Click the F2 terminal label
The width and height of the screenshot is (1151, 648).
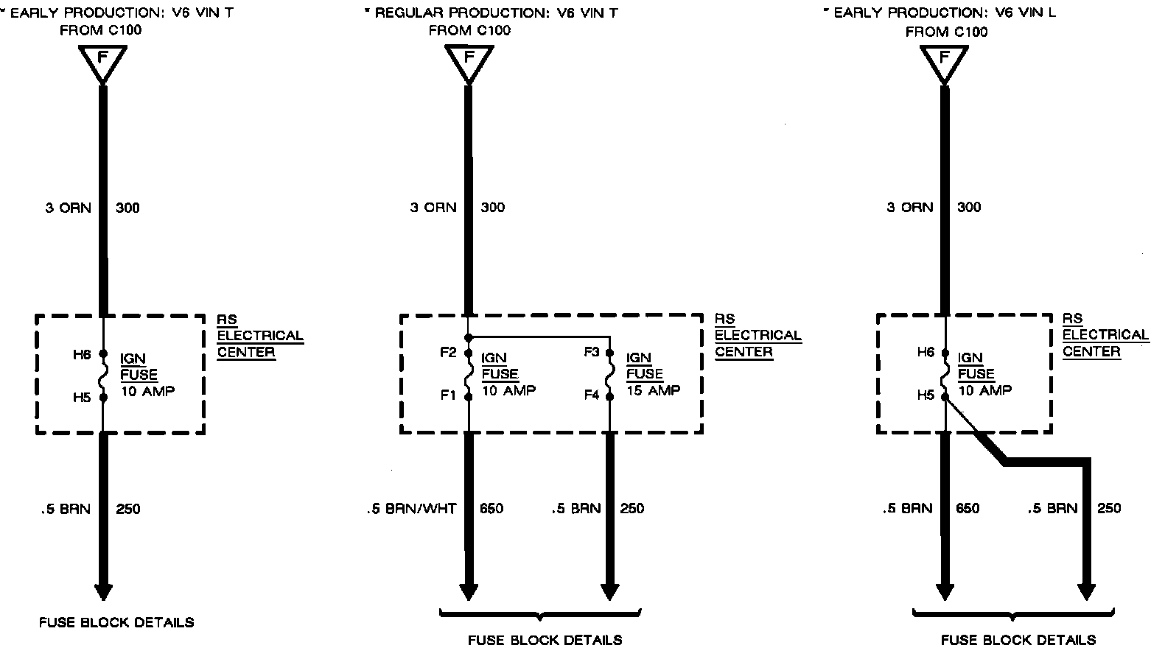coord(448,352)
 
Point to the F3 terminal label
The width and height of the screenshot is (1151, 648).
coord(592,352)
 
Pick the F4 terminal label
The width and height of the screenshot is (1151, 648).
coord(592,395)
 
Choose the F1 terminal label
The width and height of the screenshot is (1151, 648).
coord(448,395)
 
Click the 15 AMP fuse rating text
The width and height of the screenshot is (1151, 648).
coord(653,390)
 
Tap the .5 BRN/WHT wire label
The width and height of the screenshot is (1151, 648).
coord(411,508)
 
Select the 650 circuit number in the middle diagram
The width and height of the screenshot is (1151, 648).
coord(491,508)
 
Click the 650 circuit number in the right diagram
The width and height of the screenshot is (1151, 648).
coord(968,508)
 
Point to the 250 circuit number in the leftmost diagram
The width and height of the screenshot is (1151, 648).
coord(127,509)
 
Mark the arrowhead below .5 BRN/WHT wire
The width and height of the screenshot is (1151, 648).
coord(469,591)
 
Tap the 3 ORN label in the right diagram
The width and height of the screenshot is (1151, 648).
coord(909,208)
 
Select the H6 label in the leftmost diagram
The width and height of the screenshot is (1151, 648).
coord(82,354)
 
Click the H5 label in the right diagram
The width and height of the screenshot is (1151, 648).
coord(926,395)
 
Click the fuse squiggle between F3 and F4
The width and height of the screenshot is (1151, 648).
coord(609,374)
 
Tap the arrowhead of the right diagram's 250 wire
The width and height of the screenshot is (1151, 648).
coord(1086,591)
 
